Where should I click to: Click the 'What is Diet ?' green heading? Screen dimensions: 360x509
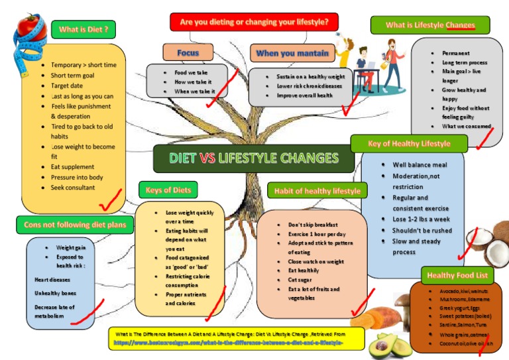[83, 29]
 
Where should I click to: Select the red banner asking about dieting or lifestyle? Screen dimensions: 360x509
[254, 22]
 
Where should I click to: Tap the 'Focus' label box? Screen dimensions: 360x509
[188, 52]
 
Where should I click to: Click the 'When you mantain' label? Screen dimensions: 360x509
[292, 53]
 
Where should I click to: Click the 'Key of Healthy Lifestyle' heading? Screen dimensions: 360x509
[409, 143]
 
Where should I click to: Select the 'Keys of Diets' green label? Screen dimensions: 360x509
[168, 190]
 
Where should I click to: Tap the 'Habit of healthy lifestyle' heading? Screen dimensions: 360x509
[317, 191]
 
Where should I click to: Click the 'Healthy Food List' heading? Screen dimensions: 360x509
[457, 275]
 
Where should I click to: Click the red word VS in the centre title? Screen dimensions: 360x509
[207, 158]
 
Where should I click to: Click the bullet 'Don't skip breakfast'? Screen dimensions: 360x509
[313, 225]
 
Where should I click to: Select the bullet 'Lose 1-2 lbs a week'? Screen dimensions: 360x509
[421, 219]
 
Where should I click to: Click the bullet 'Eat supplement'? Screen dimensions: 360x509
[72, 167]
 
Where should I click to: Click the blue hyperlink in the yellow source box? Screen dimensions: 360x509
[229, 343]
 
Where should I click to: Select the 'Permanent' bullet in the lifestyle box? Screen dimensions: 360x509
[456, 53]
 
